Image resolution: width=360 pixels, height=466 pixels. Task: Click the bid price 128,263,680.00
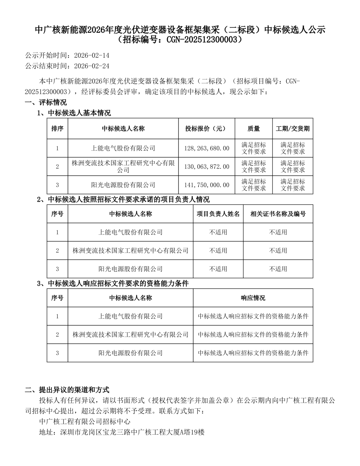point(207,148)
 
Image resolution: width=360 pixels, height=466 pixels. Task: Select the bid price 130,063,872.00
point(207,166)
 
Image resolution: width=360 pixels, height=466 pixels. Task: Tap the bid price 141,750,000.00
point(207,185)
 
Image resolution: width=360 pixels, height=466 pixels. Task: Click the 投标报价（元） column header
point(207,128)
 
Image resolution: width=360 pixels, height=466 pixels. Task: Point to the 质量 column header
point(254,128)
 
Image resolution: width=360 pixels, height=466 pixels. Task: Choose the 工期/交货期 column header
point(293,128)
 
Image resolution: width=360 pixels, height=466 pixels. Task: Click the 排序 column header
point(57,128)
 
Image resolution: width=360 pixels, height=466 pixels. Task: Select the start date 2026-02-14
point(92,55)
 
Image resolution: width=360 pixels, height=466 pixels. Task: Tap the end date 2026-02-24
point(92,66)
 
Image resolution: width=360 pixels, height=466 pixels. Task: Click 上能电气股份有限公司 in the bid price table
point(123,148)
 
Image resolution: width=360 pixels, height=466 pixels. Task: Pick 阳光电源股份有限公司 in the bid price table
point(123,185)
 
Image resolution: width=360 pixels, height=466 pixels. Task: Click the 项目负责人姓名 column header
point(218,214)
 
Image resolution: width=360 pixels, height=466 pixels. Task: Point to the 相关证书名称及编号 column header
point(278,214)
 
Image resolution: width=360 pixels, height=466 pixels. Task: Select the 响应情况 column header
point(253,298)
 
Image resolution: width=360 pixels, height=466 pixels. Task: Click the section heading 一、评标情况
point(46,102)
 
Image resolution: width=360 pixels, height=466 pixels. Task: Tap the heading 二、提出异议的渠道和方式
point(67,390)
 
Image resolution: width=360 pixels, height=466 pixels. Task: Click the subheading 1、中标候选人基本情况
point(74,113)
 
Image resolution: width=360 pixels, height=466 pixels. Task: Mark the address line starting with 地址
point(122,432)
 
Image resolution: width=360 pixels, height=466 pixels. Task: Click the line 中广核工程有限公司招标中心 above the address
point(85,422)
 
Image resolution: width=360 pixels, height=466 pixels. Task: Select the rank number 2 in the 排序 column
point(57,166)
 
